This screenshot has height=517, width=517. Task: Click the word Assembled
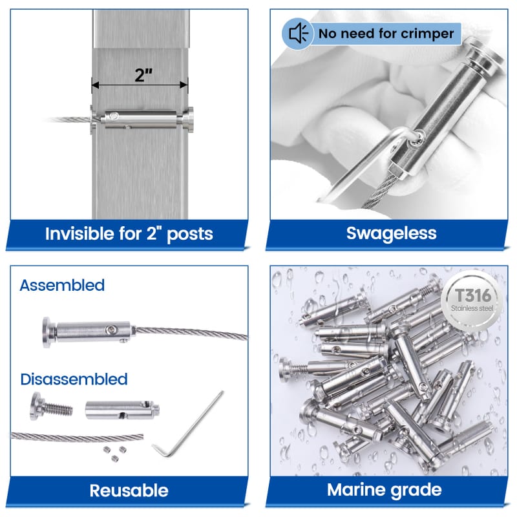(x=62, y=285)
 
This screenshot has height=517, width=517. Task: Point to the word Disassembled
(x=74, y=379)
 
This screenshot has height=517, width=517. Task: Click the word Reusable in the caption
(x=129, y=491)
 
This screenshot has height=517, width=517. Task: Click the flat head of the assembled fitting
(x=47, y=332)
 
